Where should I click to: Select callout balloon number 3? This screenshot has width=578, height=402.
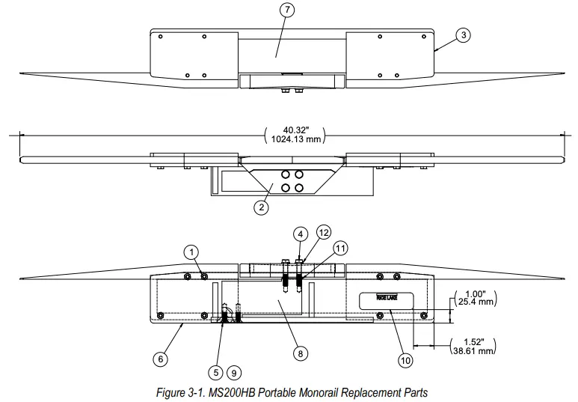464,35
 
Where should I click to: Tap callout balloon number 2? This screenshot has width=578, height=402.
261,208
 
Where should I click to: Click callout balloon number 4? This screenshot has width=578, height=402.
299,234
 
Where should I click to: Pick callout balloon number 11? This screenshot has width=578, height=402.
340,247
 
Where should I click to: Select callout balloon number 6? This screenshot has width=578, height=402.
159,359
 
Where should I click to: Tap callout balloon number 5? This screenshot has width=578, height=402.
216,371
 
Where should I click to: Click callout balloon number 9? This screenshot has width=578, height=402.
234,371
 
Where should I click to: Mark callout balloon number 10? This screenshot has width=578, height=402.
405,360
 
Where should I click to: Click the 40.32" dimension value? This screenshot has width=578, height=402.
293,130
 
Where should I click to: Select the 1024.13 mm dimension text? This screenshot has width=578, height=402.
293,141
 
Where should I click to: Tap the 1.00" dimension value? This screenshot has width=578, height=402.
476,294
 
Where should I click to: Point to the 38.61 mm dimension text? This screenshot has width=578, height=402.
475,350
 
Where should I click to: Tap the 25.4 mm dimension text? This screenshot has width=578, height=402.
476,303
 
